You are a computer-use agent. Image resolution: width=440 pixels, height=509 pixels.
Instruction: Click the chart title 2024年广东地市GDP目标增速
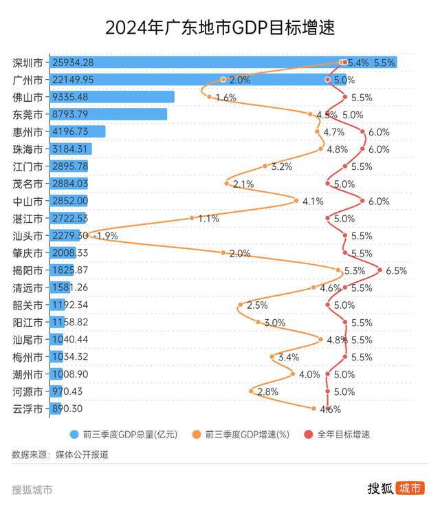[x=220, y=28]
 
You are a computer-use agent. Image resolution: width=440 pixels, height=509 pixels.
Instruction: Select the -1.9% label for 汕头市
[x=105, y=235]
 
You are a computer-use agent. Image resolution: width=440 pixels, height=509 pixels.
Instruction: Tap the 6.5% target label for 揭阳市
[x=396, y=270]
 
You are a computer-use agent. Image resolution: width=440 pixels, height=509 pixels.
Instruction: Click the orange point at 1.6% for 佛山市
[x=209, y=97]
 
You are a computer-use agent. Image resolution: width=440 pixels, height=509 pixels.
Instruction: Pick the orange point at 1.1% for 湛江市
[x=192, y=218]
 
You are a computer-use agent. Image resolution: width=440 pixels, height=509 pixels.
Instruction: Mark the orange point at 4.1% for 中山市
[x=296, y=201]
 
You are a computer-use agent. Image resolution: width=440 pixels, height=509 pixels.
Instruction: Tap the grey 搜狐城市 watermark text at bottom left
[x=32, y=490]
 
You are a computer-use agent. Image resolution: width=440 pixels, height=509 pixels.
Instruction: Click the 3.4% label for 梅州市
[x=288, y=357]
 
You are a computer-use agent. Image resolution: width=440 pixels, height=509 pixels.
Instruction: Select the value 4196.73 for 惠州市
[x=76, y=131]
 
